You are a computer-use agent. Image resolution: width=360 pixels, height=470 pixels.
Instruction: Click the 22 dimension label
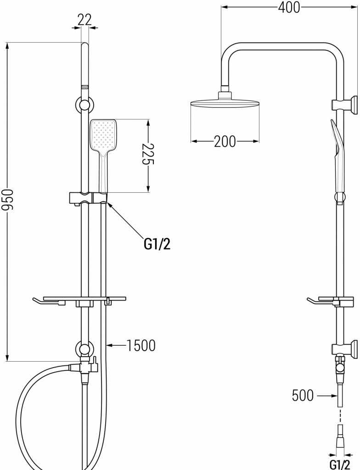click(x=85, y=19)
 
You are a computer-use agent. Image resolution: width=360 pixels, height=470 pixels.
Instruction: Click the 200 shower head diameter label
click(x=225, y=141)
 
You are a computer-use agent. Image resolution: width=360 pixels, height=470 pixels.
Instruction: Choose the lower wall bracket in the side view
click(x=345, y=348)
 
